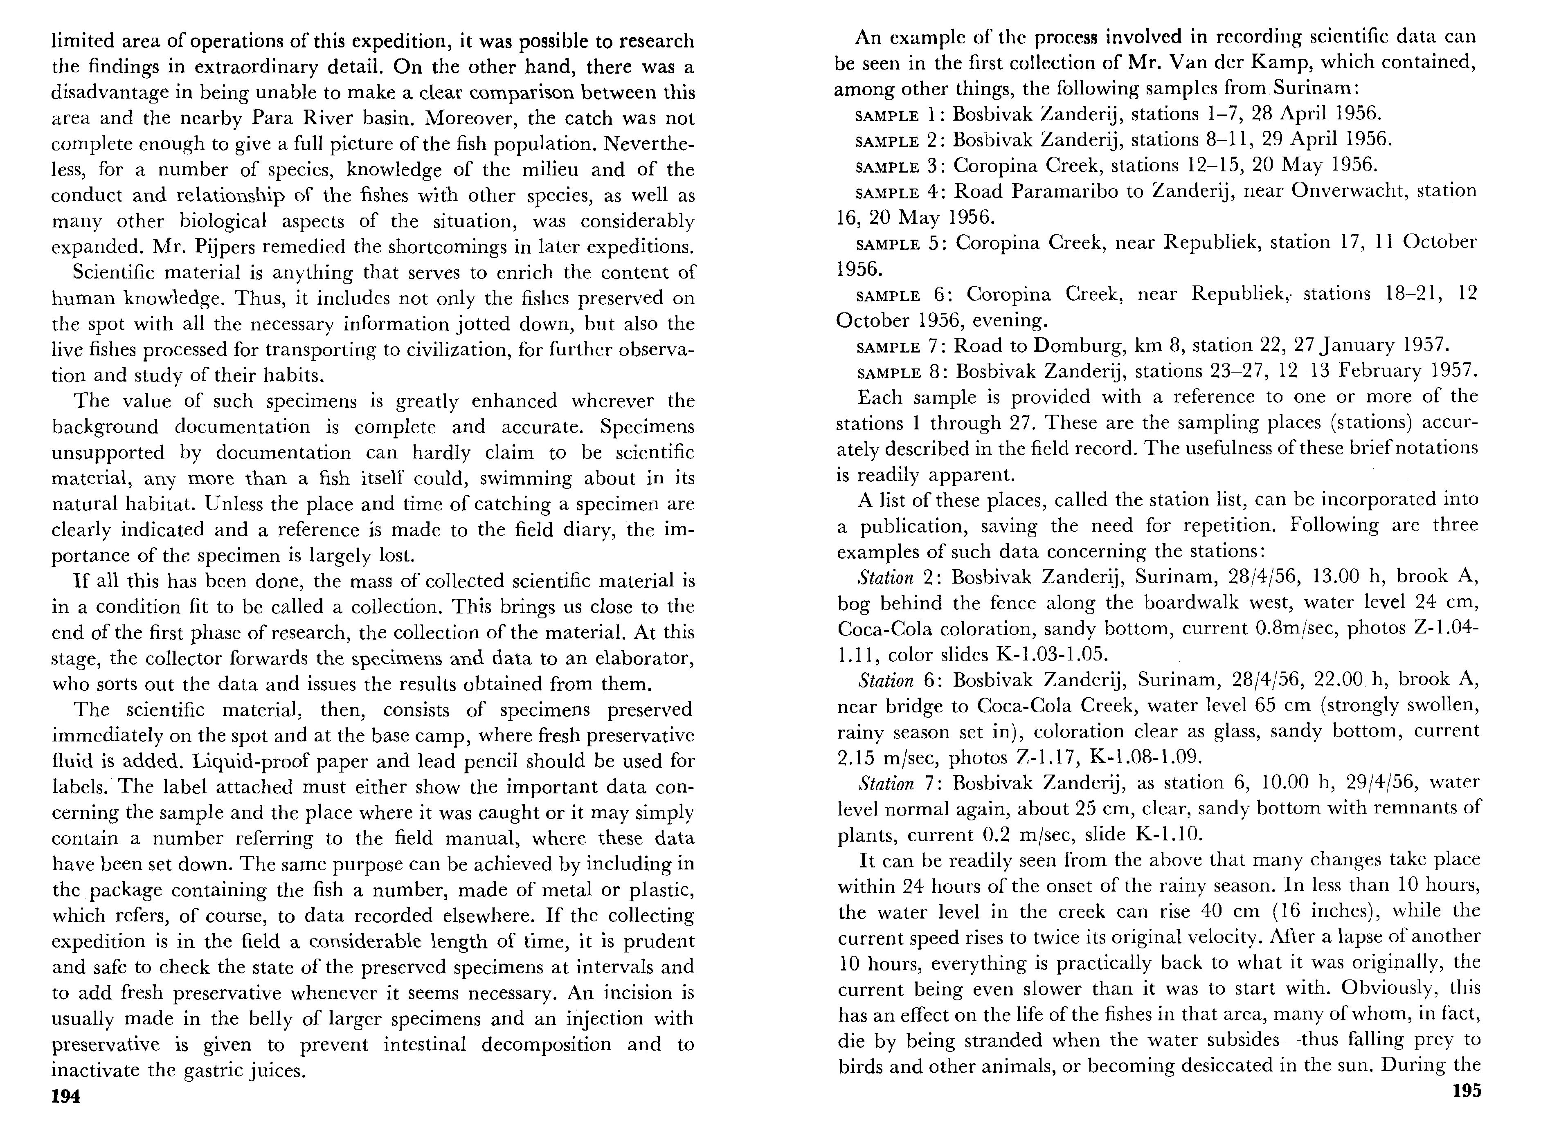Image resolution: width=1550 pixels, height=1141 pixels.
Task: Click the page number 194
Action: click(66, 1097)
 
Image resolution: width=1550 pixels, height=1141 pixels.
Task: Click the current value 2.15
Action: click(855, 758)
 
